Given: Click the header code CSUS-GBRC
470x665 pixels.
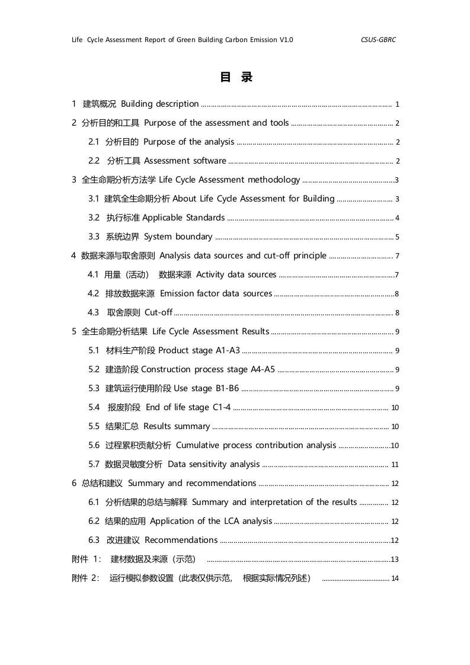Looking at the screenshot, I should tap(378, 40).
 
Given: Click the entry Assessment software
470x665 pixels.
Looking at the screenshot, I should tap(185, 161).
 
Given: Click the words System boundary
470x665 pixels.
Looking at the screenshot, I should tap(178, 236).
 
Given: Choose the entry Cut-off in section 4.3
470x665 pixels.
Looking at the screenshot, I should tap(158, 312).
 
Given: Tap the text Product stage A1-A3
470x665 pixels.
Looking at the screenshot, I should tap(199, 350).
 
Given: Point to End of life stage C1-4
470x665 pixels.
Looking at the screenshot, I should tap(188, 407).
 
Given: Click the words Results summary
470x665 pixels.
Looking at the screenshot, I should tap(177, 426).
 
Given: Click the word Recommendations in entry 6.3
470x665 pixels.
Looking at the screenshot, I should tap(181, 540).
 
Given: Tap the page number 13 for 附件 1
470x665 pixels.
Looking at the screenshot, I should tap(395, 560).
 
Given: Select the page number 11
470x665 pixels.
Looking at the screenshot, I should tap(395, 465).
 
